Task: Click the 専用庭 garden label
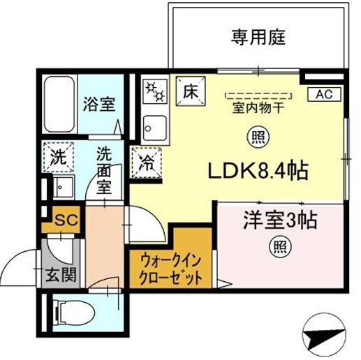point(258,36)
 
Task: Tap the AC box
point(325,93)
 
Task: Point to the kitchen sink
point(153,127)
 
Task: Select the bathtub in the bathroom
point(58,104)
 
